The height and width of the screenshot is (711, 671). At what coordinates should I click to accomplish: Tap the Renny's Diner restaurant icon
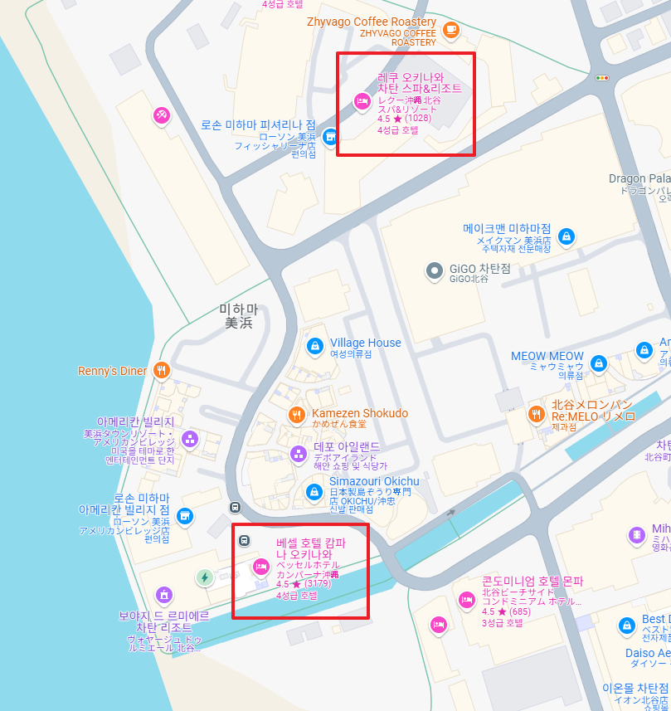(x=162, y=371)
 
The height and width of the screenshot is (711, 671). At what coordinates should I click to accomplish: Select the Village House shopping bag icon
(x=314, y=345)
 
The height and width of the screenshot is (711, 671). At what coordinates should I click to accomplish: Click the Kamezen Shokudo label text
(x=360, y=413)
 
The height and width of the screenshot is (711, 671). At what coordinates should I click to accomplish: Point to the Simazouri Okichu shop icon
(x=314, y=491)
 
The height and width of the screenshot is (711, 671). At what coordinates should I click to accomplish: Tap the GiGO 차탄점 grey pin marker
(x=434, y=270)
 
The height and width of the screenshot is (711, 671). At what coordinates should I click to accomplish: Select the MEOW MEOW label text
(x=547, y=356)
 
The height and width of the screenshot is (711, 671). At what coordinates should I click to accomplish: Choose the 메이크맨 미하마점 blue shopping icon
(x=566, y=236)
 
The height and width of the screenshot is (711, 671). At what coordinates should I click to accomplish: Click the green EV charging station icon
(x=204, y=577)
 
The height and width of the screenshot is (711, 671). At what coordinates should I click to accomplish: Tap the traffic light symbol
(x=602, y=78)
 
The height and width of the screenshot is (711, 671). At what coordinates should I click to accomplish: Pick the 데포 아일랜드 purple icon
(x=298, y=453)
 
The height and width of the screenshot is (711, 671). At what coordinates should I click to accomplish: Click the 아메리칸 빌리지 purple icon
(x=190, y=439)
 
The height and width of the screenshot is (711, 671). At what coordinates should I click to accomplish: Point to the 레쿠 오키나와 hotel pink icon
(x=362, y=101)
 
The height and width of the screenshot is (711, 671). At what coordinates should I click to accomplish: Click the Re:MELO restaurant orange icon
(x=536, y=413)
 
